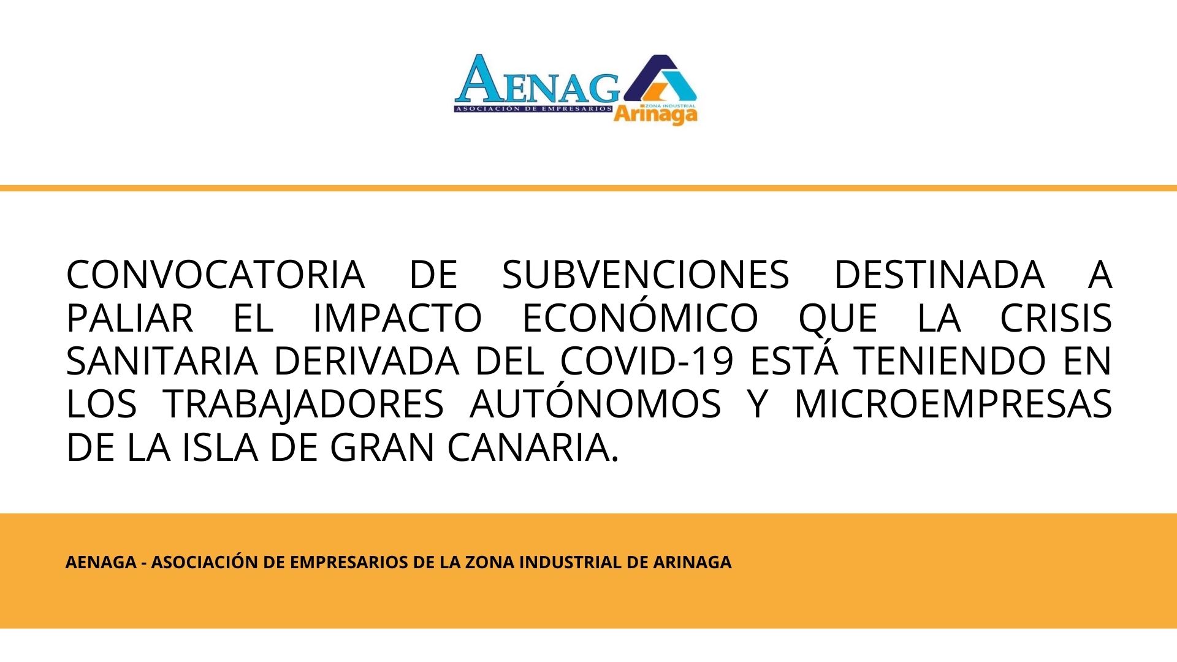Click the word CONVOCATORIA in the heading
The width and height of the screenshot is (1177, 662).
[x=215, y=275]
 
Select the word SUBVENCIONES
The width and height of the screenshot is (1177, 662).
[x=646, y=275]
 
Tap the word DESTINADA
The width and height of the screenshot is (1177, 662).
[x=939, y=275]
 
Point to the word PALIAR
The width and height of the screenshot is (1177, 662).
[x=129, y=318]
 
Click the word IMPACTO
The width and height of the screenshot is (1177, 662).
[x=397, y=318]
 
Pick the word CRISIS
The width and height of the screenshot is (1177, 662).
[x=1056, y=318]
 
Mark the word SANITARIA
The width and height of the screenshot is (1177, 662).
[x=162, y=361]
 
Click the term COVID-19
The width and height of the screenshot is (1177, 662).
[x=647, y=361]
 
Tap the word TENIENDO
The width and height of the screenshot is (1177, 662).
[x=951, y=361]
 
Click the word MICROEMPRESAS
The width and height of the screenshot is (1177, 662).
[x=953, y=405]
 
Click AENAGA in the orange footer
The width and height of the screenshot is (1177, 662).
[x=101, y=562]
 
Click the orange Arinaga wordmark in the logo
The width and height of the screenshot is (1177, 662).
[x=655, y=115]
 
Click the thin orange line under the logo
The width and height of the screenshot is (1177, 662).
[x=588, y=188]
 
